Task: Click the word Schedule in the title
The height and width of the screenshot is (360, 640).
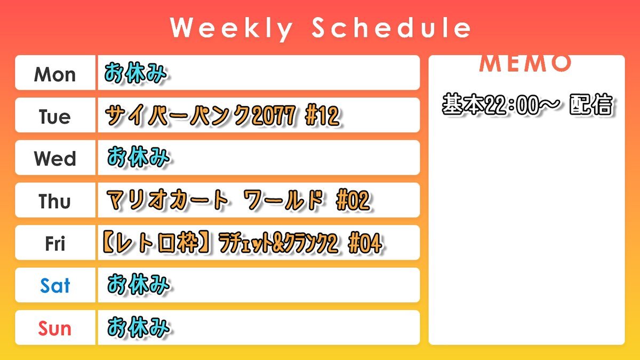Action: coord(391,27)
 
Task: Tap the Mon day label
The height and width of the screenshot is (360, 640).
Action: coord(55,75)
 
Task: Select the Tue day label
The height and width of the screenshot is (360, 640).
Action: coord(55,117)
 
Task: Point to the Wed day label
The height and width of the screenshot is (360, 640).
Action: coord(55,158)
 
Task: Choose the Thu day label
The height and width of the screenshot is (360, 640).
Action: coord(54,201)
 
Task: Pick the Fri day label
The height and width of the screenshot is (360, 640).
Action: coord(55,243)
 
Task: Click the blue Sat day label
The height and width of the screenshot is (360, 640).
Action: coord(55,285)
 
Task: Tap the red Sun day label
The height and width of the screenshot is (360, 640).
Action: coord(54,328)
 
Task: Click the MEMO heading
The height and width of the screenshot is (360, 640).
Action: coord(525,63)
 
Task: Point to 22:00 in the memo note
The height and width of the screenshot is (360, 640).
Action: coord(513,105)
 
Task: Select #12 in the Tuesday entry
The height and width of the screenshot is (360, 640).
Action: coord(323,115)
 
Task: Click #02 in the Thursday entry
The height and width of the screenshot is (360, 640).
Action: coord(354,200)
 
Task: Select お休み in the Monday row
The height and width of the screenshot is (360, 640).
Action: coord(135,73)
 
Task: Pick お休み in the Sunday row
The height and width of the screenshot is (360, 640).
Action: coord(139,327)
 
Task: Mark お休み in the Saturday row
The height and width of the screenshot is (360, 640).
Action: coord(139,285)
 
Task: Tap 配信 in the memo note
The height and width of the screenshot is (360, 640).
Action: coord(591,105)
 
